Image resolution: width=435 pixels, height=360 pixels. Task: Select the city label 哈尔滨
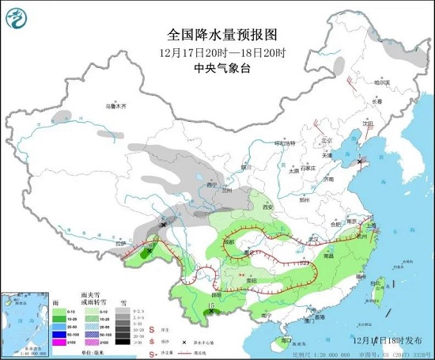click(x=383, y=82)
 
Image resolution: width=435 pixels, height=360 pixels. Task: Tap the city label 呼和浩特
click(x=283, y=143)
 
